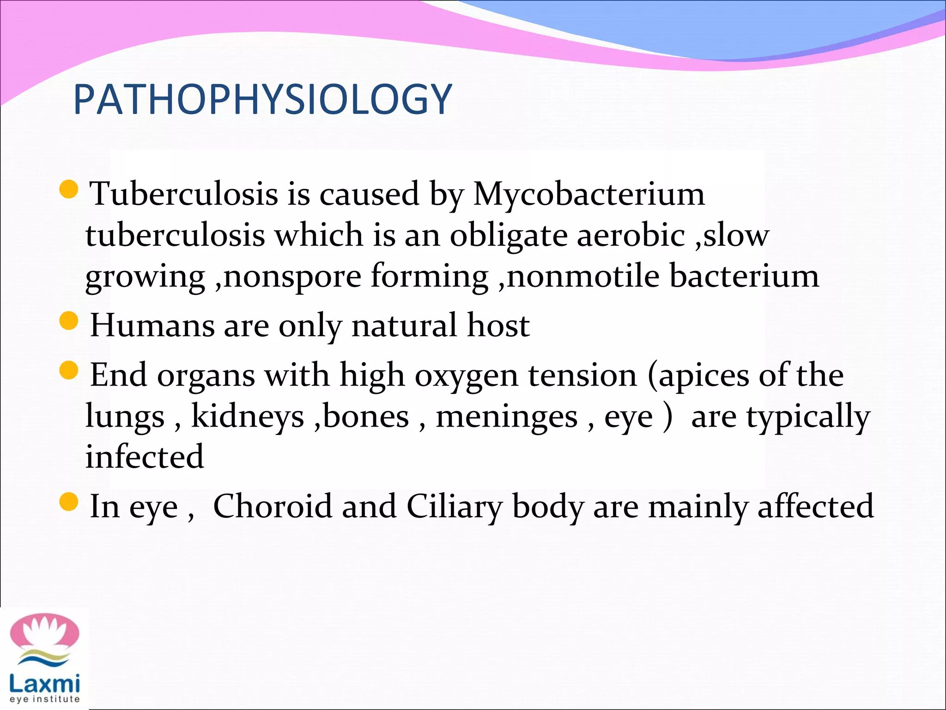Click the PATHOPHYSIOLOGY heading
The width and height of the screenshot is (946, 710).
[262, 99]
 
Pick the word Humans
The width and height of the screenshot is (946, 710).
[152, 325]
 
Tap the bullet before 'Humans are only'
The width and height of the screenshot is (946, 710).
[69, 321]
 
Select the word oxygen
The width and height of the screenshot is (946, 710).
[466, 375]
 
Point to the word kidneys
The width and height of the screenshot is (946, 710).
[248, 416]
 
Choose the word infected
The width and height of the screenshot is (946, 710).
[145, 457]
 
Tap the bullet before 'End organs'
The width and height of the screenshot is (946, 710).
[69, 370]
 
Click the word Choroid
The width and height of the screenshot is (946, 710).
[272, 506]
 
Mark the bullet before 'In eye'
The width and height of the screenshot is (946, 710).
[69, 502]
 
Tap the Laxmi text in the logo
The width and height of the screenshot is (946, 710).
[44, 683]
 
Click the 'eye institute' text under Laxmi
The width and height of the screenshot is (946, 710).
[44, 699]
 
